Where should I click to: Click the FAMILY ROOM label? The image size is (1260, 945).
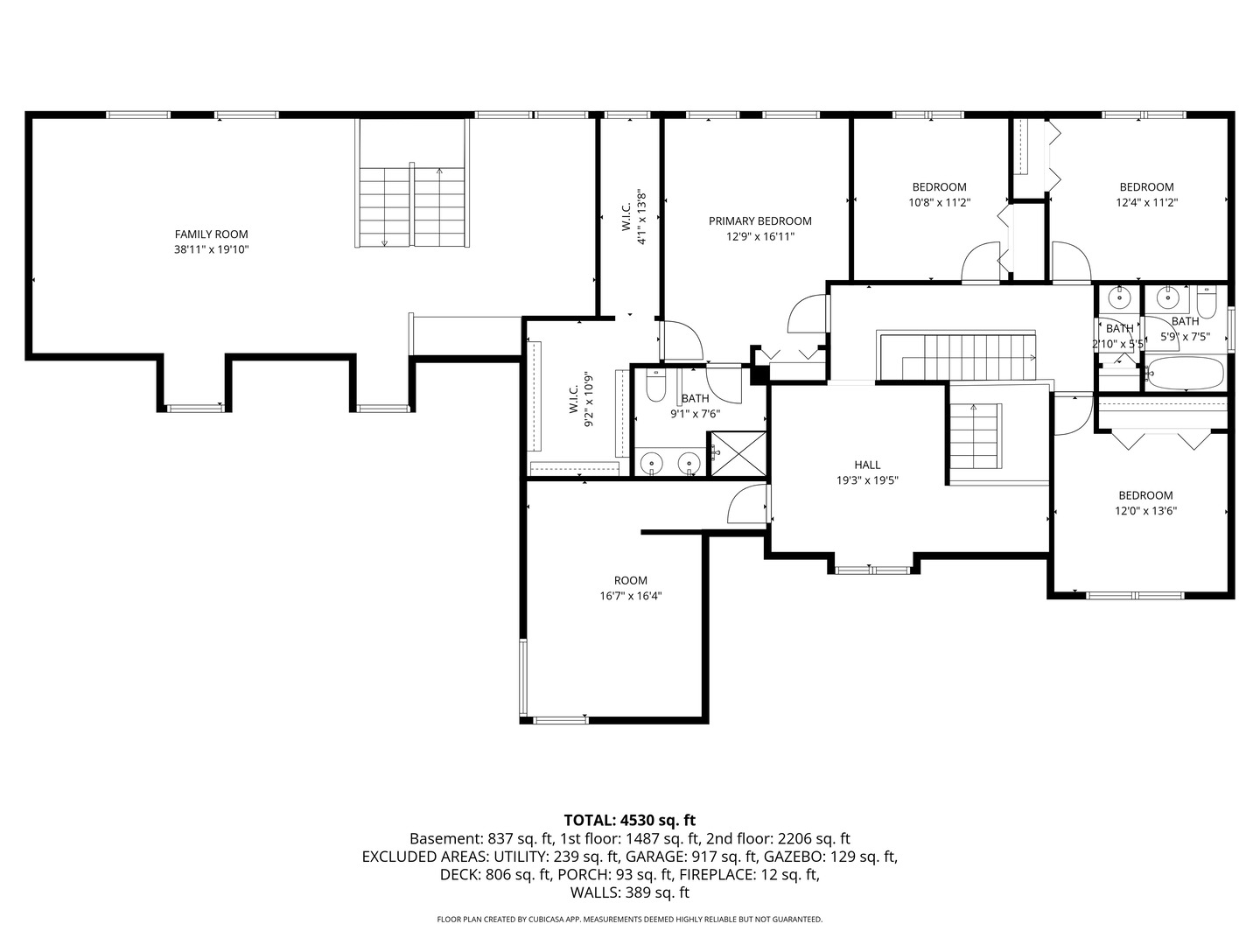[211, 234]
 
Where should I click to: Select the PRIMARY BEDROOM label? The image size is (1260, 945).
[759, 221]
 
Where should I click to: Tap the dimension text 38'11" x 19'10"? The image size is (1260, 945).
[211, 249]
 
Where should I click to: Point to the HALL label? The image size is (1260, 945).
[867, 465]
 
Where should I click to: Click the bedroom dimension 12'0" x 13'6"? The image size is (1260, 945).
[1144, 511]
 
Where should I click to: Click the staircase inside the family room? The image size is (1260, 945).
[412, 206]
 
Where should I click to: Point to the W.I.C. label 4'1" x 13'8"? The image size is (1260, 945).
[635, 217]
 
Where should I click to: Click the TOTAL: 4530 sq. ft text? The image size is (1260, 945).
[629, 820]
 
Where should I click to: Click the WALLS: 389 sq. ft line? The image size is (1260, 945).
[629, 892]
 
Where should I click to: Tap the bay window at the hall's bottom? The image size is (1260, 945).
[872, 570]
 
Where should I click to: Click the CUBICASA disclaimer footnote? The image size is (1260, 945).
[629, 920]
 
